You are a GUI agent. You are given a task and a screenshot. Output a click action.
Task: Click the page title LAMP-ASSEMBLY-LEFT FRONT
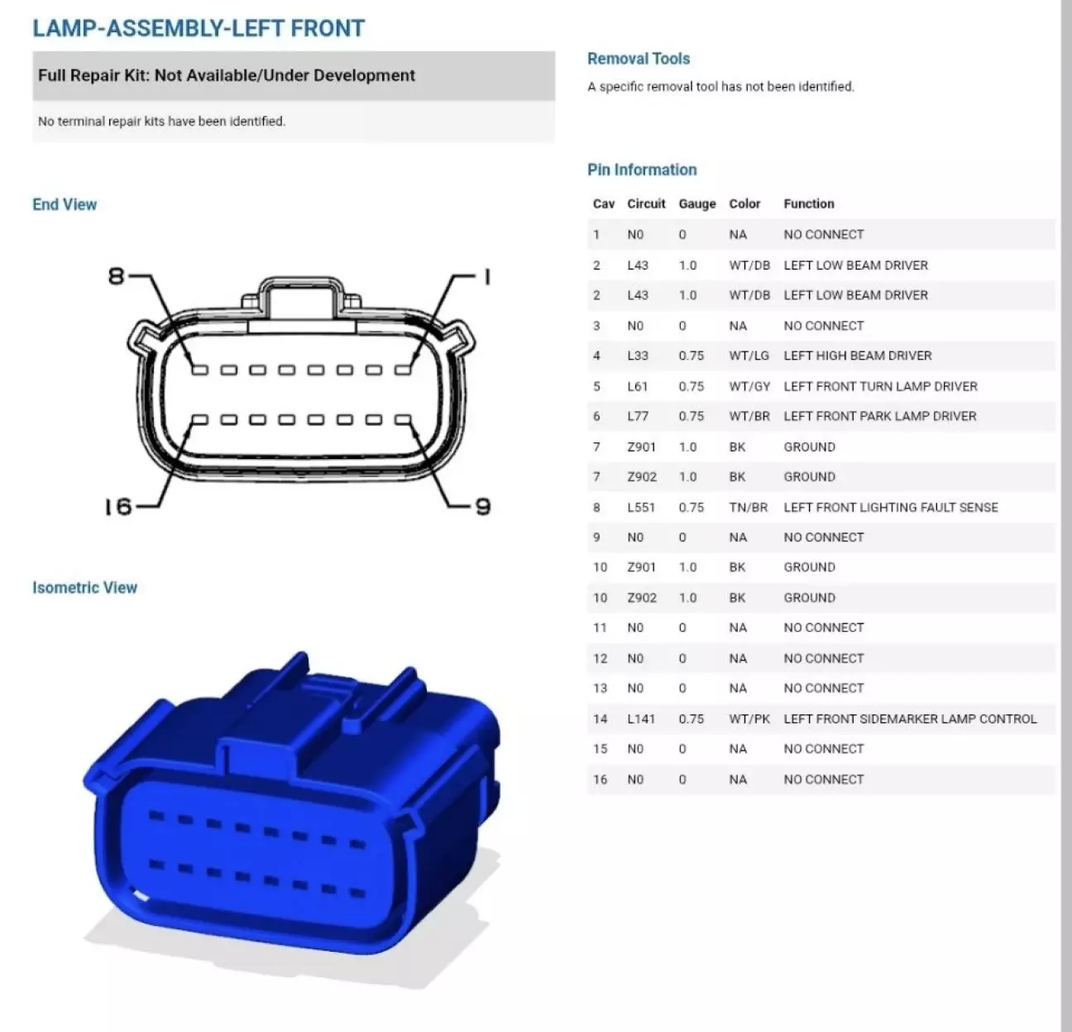(199, 29)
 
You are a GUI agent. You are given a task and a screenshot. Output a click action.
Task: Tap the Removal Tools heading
(639, 59)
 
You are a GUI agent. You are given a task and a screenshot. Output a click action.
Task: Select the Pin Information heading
(642, 170)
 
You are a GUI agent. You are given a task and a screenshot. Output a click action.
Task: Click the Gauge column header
(696, 204)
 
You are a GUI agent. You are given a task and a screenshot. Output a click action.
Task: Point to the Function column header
(809, 203)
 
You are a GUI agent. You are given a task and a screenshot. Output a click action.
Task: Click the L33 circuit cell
(638, 356)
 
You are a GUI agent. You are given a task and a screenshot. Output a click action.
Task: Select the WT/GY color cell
(749, 387)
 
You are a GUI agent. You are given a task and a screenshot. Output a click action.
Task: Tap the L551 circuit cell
(641, 507)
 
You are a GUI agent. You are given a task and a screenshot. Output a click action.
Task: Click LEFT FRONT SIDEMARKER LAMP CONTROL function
(910, 719)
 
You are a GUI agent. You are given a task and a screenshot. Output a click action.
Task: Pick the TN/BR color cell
(748, 507)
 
